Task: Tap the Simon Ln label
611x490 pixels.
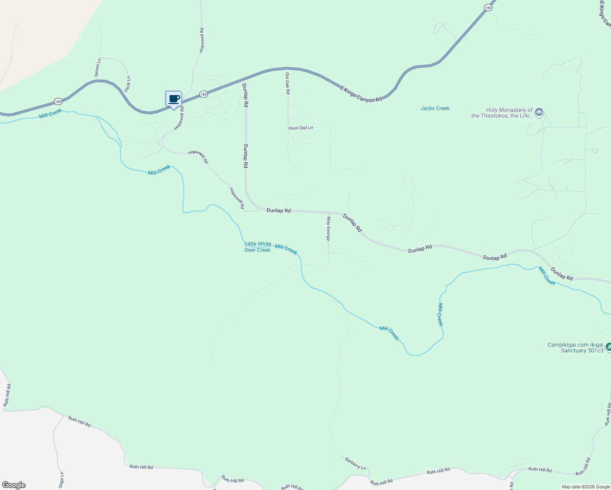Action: click(97, 68)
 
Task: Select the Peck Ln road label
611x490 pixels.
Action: click(127, 84)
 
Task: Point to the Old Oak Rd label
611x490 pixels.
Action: click(288, 83)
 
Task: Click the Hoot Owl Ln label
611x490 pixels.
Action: click(301, 128)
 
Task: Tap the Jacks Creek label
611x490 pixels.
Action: click(435, 108)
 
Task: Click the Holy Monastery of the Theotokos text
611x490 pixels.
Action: click(502, 113)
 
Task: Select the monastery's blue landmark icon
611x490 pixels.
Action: click(539, 111)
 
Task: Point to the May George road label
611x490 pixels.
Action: click(328, 229)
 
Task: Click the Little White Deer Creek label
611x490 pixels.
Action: click(258, 247)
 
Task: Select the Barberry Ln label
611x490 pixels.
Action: click(355, 463)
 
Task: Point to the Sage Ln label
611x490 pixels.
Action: click(61, 480)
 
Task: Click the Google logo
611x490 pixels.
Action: click(14, 485)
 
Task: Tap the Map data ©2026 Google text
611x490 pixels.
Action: click(586, 487)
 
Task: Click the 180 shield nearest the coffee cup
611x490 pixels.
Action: click(203, 94)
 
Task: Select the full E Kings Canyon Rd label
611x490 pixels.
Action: click(361, 94)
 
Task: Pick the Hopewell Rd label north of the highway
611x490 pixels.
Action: click(201, 40)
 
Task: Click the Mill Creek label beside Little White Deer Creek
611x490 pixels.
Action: click(286, 249)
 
